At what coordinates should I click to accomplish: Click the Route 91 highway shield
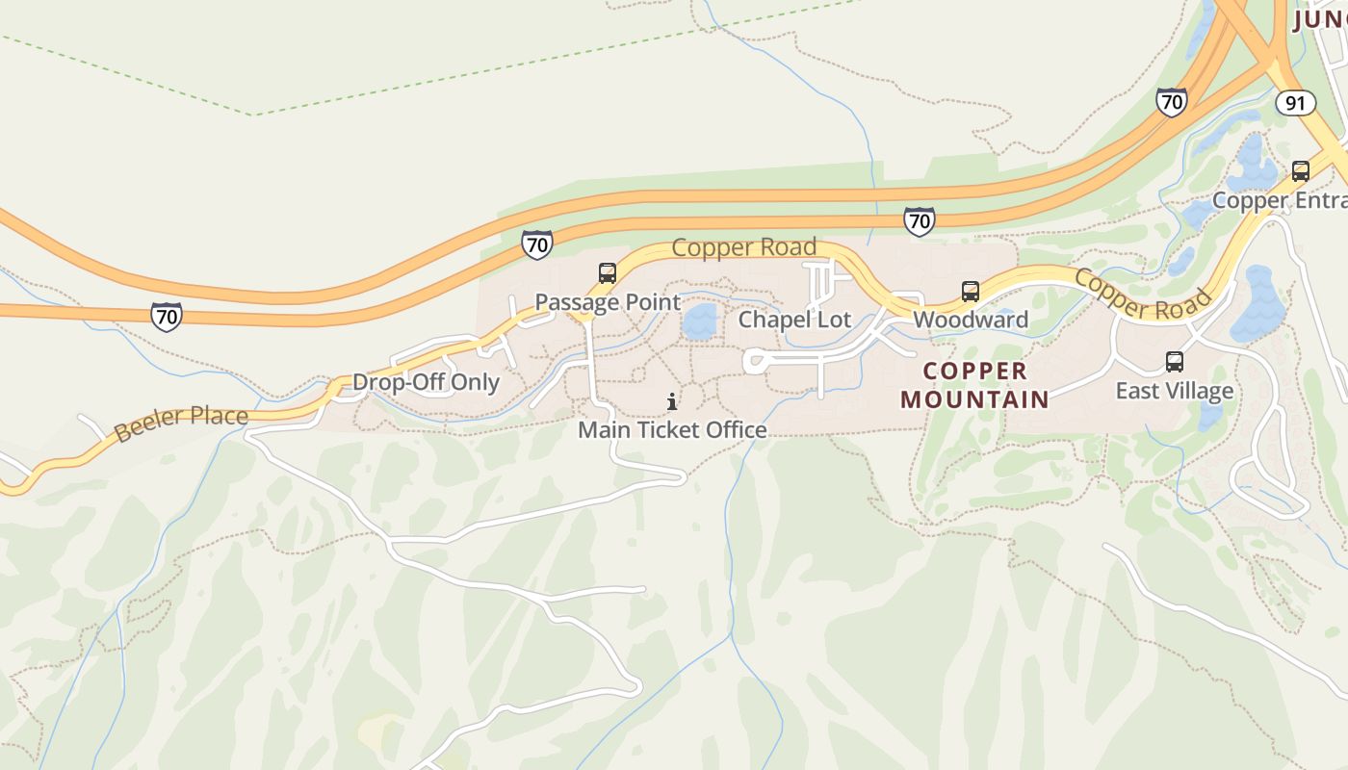pyautogui.click(x=1295, y=103)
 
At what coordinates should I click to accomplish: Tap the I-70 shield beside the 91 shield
pyautogui.click(x=1171, y=101)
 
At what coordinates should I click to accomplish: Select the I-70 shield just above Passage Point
pyautogui.click(x=537, y=244)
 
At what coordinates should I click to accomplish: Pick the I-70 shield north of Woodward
pyautogui.click(x=920, y=221)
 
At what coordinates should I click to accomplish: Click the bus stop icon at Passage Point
pyautogui.click(x=607, y=273)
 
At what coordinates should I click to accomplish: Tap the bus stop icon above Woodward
pyautogui.click(x=971, y=291)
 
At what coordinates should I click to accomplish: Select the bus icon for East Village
pyautogui.click(x=1174, y=362)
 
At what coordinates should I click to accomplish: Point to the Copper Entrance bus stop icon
pyautogui.click(x=1300, y=171)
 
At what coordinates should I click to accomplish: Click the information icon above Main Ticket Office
pyautogui.click(x=672, y=401)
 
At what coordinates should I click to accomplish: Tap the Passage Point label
pyautogui.click(x=608, y=302)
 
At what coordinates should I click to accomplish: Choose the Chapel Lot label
pyautogui.click(x=794, y=320)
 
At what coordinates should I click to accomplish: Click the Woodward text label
pyautogui.click(x=971, y=320)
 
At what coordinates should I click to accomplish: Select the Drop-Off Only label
pyautogui.click(x=426, y=382)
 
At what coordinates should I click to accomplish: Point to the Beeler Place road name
pyautogui.click(x=181, y=424)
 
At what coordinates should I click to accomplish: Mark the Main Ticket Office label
pyautogui.click(x=672, y=429)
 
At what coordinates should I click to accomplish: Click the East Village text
pyautogui.click(x=1174, y=391)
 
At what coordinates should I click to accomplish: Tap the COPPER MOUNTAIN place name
pyautogui.click(x=974, y=385)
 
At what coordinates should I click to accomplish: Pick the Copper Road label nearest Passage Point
pyautogui.click(x=743, y=247)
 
